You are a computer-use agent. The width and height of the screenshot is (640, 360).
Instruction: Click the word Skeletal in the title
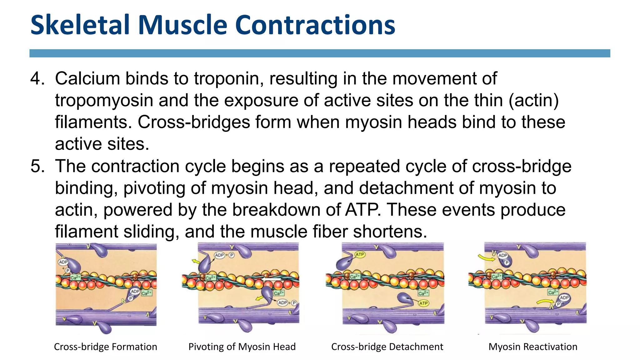click(x=80, y=25)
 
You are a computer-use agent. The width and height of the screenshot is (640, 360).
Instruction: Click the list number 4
click(x=37, y=78)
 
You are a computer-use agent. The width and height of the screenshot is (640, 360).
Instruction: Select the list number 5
click(x=37, y=166)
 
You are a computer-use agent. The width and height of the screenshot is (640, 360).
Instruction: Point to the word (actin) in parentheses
click(x=533, y=101)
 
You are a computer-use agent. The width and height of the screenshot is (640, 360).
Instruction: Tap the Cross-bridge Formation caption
click(x=105, y=347)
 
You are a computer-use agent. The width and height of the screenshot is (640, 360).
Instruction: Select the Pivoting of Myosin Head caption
click(x=242, y=347)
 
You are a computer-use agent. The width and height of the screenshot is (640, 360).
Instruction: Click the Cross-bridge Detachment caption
click(x=387, y=347)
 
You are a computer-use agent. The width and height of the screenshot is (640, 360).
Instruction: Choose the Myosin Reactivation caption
click(x=533, y=347)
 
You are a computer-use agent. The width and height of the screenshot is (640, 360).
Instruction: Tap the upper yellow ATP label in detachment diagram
click(x=360, y=254)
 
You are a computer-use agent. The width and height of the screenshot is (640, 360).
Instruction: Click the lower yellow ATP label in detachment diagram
click(x=423, y=303)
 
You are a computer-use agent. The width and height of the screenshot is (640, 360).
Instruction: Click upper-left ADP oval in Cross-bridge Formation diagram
click(x=63, y=262)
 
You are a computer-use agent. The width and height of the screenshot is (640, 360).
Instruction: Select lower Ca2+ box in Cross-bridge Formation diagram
click(x=146, y=293)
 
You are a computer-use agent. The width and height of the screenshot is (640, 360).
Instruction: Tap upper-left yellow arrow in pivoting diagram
click(x=196, y=261)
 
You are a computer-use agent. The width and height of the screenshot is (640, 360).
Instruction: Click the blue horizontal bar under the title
click(x=320, y=53)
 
